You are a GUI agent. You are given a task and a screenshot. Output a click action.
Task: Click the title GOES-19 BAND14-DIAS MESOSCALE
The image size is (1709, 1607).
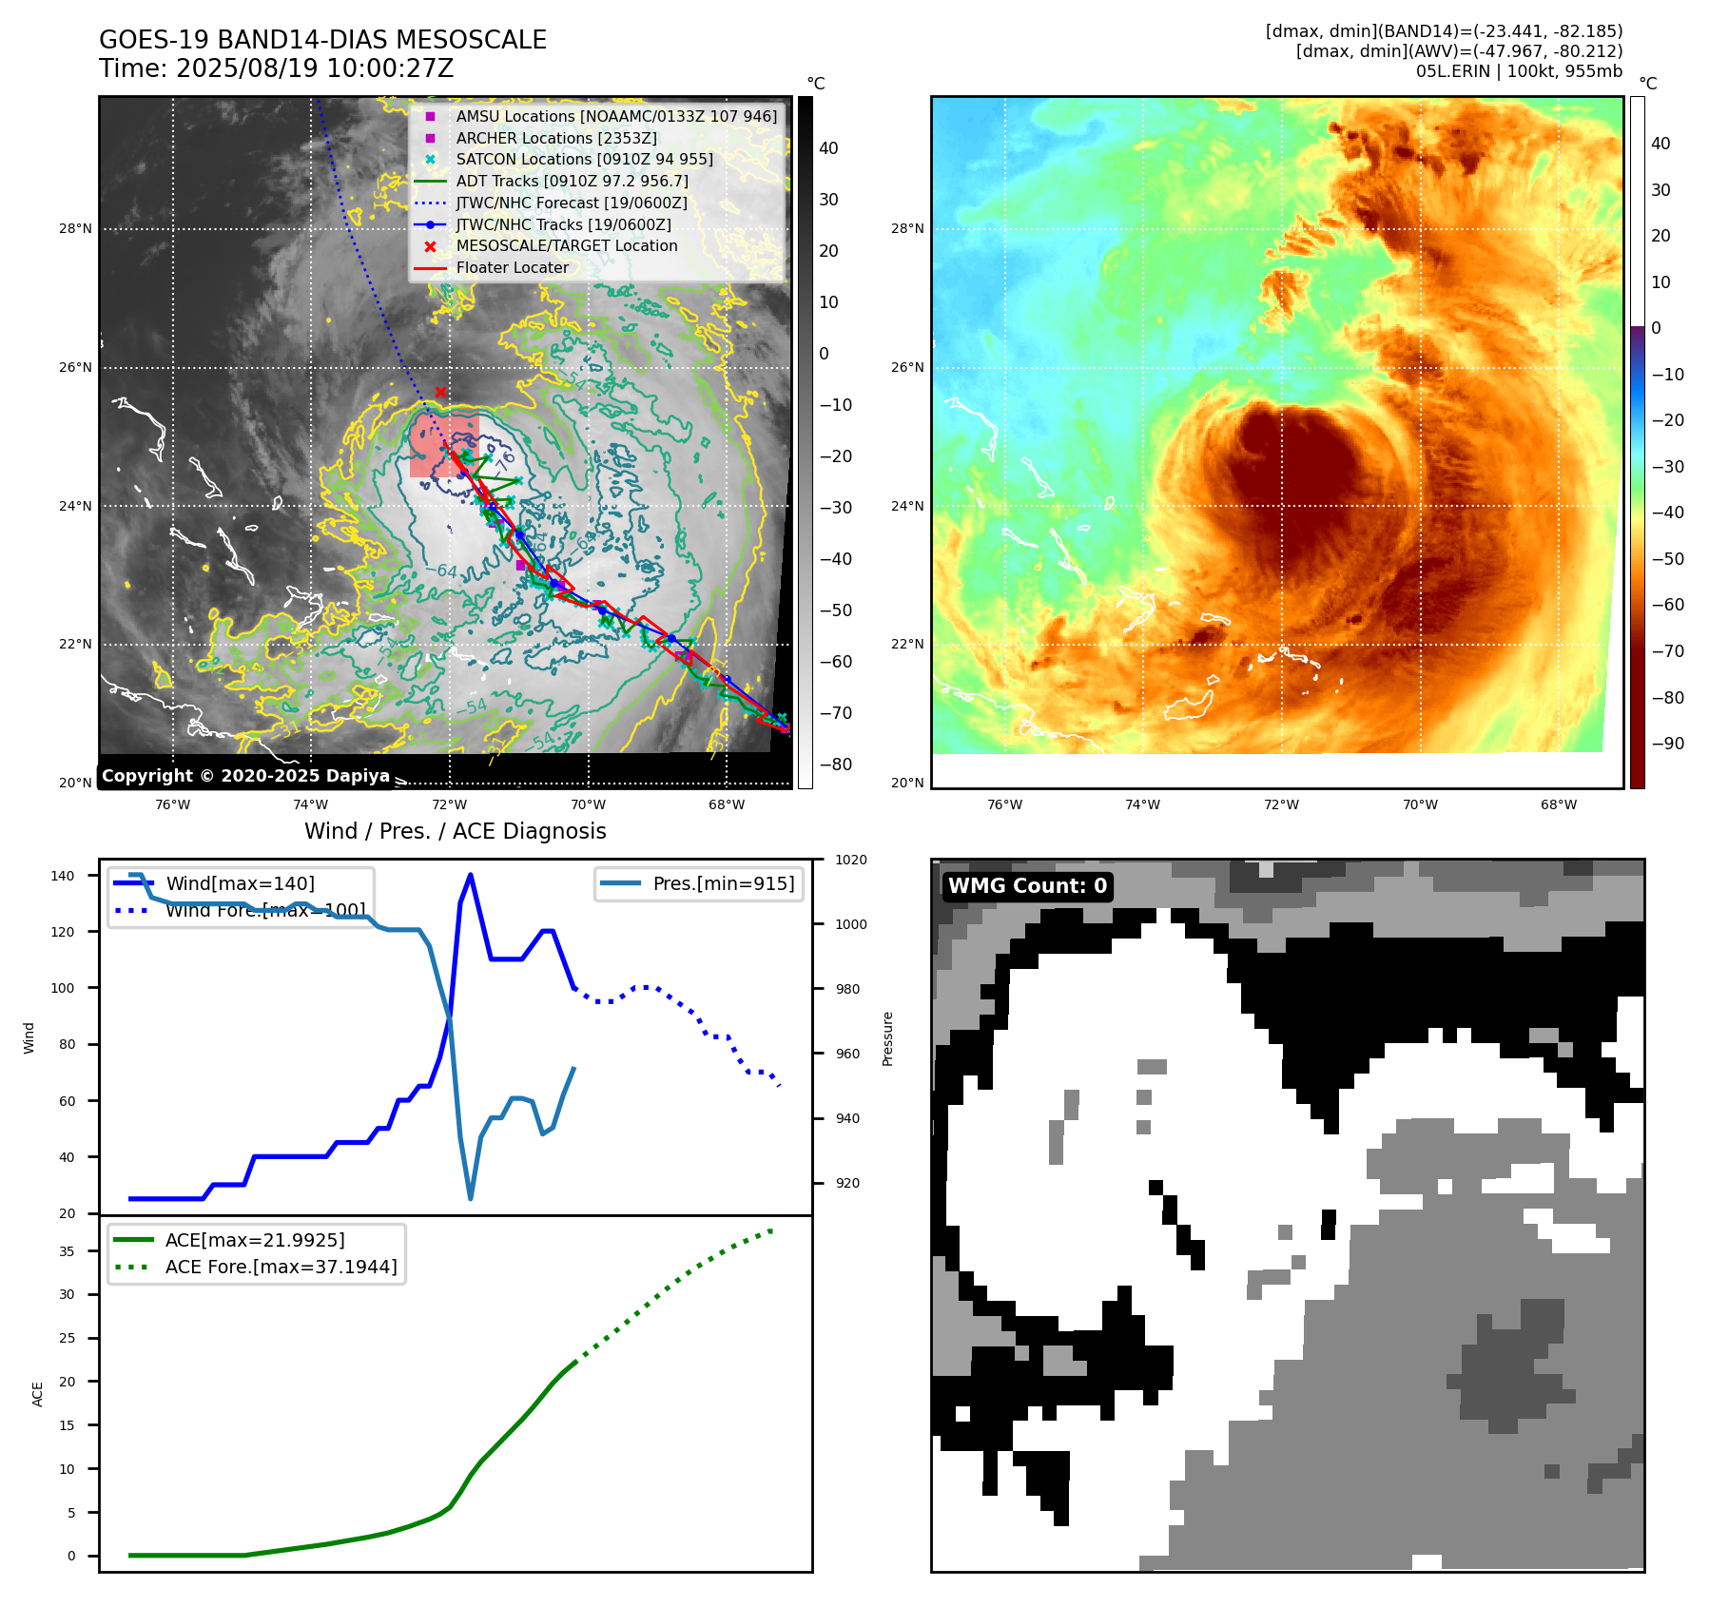click(x=322, y=40)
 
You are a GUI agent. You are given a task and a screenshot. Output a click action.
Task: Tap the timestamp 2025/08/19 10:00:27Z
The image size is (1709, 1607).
click(x=314, y=68)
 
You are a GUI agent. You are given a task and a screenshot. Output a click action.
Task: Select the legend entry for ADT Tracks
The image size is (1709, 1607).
click(x=572, y=181)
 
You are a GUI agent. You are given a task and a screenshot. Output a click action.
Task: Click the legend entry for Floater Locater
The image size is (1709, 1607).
click(x=512, y=267)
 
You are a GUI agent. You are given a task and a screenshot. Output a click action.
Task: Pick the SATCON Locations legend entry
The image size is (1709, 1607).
click(x=584, y=159)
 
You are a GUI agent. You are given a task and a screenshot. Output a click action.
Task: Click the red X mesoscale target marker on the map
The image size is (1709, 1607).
click(x=440, y=392)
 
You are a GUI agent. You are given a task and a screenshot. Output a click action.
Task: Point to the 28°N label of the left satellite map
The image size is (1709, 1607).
click(x=76, y=228)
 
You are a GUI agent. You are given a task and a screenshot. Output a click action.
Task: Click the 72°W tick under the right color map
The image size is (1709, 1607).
click(x=1281, y=804)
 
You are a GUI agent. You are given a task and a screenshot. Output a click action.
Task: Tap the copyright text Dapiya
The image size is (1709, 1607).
click(x=245, y=776)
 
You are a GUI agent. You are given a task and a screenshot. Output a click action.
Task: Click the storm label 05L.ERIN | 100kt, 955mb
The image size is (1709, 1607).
click(x=1519, y=71)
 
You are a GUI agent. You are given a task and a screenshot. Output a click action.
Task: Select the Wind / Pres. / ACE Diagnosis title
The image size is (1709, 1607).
click(x=455, y=831)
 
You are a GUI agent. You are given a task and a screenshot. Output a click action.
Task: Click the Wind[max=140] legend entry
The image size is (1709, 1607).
click(x=240, y=883)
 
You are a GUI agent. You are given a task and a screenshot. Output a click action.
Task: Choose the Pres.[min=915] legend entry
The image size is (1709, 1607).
click(x=723, y=883)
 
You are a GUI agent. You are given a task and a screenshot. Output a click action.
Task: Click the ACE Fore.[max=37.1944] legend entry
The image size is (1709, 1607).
click(x=281, y=1267)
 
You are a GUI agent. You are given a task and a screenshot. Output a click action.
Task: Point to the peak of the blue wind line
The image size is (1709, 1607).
click(x=471, y=875)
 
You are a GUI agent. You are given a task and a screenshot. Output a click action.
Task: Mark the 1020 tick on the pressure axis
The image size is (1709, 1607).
click(x=850, y=860)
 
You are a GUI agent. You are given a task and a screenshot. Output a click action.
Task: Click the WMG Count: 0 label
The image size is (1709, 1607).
click(x=1027, y=886)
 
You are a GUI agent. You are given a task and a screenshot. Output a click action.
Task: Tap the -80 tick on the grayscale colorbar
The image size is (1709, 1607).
click(x=836, y=765)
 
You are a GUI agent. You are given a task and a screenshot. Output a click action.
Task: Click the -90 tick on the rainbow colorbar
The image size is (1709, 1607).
click(x=1667, y=744)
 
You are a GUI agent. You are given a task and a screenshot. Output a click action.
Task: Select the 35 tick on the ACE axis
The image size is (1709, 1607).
click(x=67, y=1251)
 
